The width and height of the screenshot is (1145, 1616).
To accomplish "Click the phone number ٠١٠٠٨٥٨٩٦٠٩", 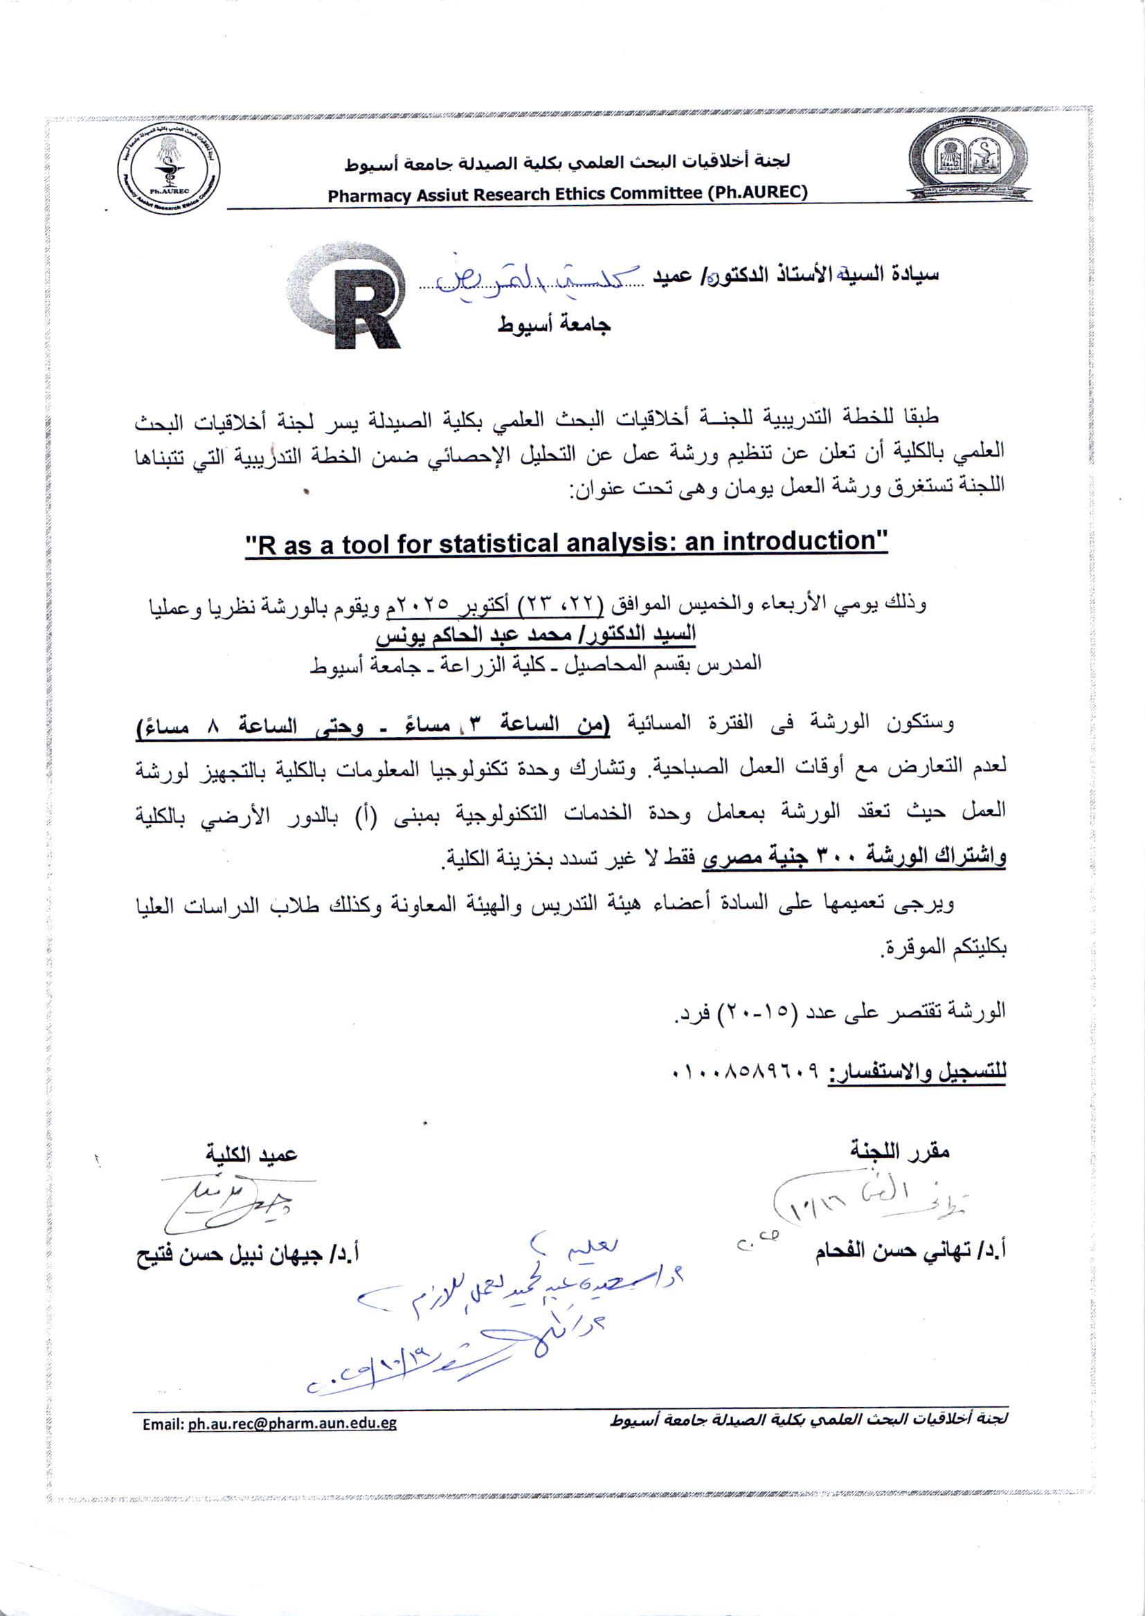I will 748,1073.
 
